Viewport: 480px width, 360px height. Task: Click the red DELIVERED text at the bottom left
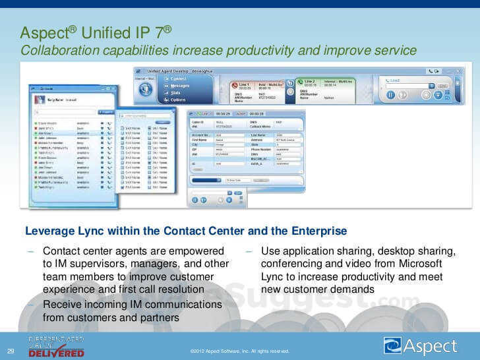[x=56, y=353]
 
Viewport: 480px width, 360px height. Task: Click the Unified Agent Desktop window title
[x=174, y=70]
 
